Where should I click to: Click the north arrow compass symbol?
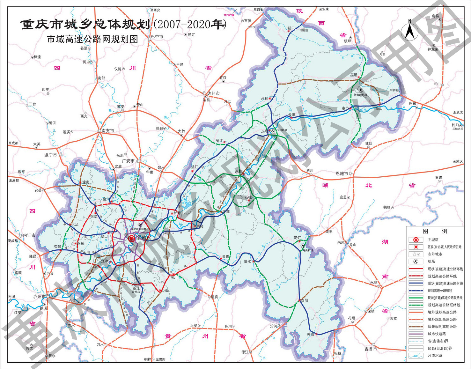click(411, 30)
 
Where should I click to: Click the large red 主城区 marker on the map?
click(131, 239)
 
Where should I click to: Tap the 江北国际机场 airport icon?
click(132, 225)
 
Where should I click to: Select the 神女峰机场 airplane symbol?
click(361, 90)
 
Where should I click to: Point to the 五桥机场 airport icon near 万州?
click(273, 130)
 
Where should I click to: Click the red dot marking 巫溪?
click(359, 77)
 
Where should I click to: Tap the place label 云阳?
click(291, 114)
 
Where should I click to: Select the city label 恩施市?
click(342, 174)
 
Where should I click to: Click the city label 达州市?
click(213, 93)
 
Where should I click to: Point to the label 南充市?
click(107, 131)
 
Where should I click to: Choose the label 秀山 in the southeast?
click(310, 334)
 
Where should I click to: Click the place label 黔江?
click(298, 238)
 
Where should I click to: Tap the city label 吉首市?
click(371, 349)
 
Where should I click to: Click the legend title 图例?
click(435, 231)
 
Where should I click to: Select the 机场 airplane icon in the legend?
click(416, 262)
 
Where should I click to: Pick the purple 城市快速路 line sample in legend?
click(416, 334)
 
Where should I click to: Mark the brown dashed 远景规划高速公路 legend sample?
click(416, 327)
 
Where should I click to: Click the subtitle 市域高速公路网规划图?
click(92, 39)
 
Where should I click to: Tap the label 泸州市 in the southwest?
click(39, 296)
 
